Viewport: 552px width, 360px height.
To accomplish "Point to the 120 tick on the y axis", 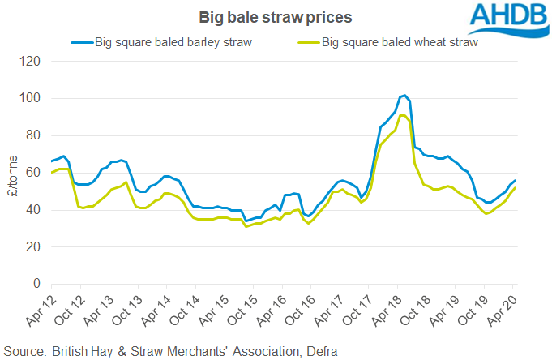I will click(31, 61).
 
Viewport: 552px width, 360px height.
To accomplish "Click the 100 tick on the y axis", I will click(31, 98).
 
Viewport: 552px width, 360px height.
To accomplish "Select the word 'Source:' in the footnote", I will click(26, 350).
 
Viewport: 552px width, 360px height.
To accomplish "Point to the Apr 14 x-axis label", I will click(151, 309).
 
